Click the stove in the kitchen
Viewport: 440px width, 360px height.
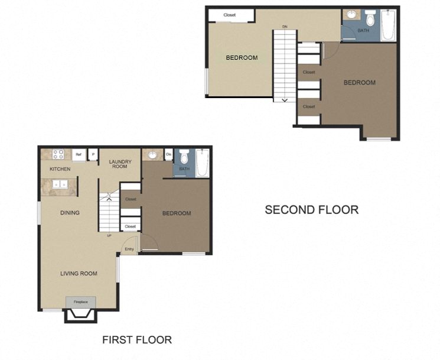pyautogui.click(x=58, y=154)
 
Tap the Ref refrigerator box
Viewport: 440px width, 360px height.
pyautogui.click(x=77, y=155)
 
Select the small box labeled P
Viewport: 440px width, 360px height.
pyautogui.click(x=92, y=155)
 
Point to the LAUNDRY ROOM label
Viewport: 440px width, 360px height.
pyautogui.click(x=120, y=164)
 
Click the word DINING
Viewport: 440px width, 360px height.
pyautogui.click(x=70, y=213)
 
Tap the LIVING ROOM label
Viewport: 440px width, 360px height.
pyautogui.click(x=79, y=273)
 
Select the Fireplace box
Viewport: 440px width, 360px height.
pyautogui.click(x=80, y=302)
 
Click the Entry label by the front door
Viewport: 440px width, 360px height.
pyautogui.click(x=129, y=249)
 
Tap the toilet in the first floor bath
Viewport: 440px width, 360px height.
pyautogui.click(x=184, y=157)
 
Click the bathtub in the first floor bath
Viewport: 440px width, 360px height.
pyautogui.click(x=202, y=162)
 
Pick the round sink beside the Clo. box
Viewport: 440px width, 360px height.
pyautogui.click(x=152, y=155)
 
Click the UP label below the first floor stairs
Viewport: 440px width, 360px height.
pyautogui.click(x=109, y=236)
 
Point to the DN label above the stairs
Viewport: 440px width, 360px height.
pyautogui.click(x=285, y=27)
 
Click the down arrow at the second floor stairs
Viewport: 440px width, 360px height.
pyautogui.click(x=285, y=100)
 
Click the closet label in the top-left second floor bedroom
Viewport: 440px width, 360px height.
pyautogui.click(x=230, y=15)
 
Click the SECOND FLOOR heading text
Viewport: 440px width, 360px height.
pyautogui.click(x=311, y=209)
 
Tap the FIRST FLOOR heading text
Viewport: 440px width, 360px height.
pyautogui.click(x=137, y=339)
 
